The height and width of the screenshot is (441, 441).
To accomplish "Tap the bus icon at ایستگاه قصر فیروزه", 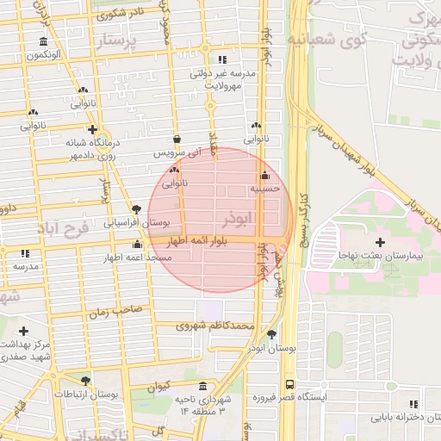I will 289,384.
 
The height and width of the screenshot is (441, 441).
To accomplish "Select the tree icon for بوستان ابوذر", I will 272,334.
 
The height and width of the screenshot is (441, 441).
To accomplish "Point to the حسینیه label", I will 264,189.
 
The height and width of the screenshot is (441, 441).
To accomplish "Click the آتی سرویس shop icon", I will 177,139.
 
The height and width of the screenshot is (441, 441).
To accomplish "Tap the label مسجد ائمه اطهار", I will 126,258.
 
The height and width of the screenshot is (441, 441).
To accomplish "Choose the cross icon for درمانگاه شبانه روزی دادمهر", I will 92,129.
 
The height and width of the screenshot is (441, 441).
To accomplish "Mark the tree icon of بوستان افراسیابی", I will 137,209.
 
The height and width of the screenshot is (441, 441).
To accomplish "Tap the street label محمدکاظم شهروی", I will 215,326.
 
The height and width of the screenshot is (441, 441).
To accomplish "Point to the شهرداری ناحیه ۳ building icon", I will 202,386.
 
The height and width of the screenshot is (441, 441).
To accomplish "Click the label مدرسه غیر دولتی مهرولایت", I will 223,80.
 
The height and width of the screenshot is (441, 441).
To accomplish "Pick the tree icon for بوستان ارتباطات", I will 84,380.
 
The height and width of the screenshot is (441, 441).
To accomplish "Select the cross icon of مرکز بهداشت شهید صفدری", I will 23,331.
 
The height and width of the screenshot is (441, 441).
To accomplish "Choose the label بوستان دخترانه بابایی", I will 405,418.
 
